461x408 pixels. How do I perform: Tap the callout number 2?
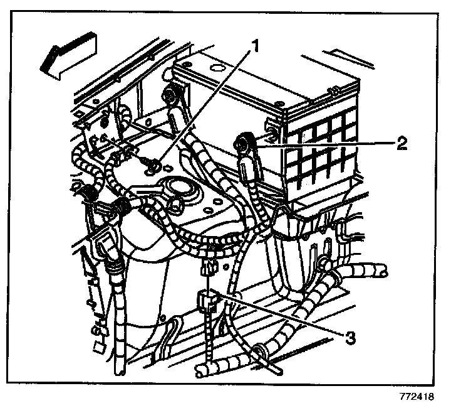point(401,143)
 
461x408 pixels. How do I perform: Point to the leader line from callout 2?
point(326,144)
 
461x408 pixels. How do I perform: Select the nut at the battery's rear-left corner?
point(169,95)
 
